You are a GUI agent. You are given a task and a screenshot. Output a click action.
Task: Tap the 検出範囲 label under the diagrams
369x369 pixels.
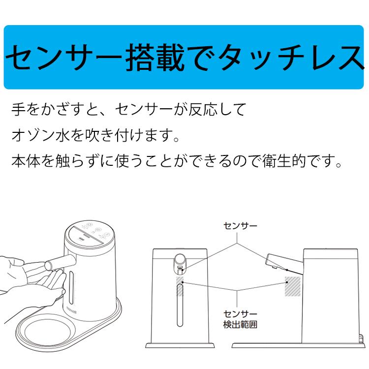(x=240, y=325)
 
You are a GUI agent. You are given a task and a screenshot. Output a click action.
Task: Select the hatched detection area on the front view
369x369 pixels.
(x=180, y=286)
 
